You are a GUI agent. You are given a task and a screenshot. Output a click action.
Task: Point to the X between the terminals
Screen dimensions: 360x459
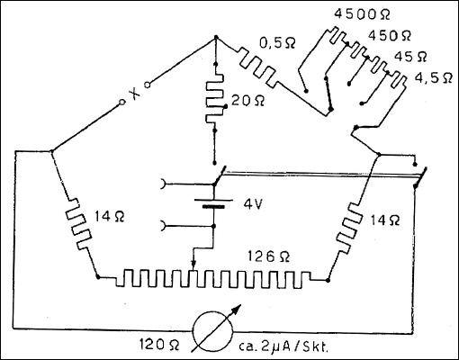click(x=133, y=94)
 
